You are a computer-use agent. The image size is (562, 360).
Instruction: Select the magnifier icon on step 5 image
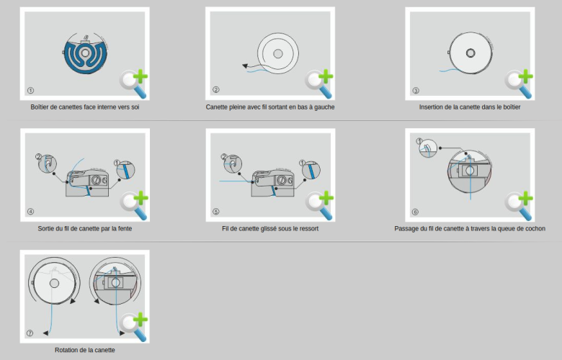[318, 204]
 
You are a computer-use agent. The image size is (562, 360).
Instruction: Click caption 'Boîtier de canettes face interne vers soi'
[85, 107]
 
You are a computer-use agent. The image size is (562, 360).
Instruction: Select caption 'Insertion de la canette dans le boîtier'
[470, 107]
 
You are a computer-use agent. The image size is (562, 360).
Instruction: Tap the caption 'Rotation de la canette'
[85, 350]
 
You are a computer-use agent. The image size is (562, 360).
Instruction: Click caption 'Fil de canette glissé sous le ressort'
[270, 228]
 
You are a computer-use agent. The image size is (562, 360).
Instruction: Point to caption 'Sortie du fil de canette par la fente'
[85, 228]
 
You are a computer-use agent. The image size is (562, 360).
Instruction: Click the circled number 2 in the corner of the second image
[215, 91]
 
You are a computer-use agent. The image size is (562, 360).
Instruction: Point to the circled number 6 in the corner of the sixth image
[414, 212]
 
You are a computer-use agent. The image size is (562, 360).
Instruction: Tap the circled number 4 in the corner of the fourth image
[30, 212]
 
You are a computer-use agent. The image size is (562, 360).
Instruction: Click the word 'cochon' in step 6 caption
[532, 228]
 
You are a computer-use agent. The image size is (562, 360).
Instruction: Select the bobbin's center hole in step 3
[470, 52]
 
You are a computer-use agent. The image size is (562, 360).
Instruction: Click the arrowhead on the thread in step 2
[246, 66]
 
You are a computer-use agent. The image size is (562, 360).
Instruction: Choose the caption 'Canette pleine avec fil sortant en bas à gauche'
[270, 107]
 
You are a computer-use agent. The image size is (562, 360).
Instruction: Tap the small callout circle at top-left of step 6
[426, 148]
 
